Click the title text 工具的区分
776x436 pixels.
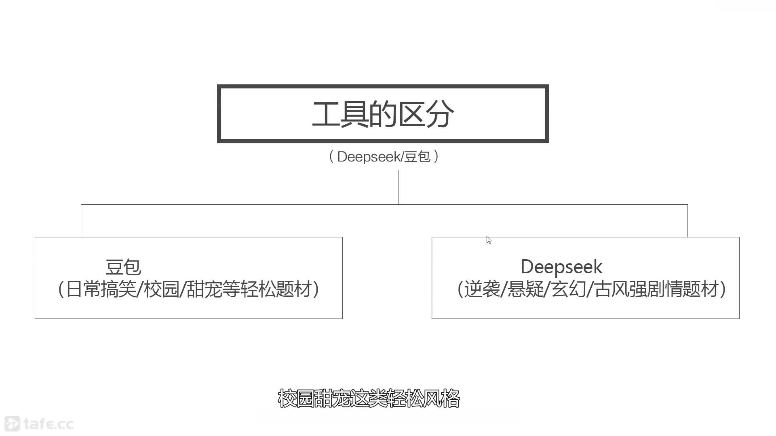pyautogui.click(x=383, y=114)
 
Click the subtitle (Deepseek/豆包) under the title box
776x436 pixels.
pyautogui.click(x=384, y=157)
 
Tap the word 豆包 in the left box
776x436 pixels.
pyautogui.click(x=123, y=267)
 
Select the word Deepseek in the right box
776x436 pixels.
pyautogui.click(x=561, y=267)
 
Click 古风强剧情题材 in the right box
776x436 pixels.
pyautogui.click(x=657, y=289)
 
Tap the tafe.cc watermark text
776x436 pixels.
pyautogui.click(x=48, y=424)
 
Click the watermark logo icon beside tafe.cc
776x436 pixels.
pyautogui.click(x=12, y=423)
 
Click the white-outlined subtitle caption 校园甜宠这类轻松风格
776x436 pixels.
pyautogui.click(x=369, y=398)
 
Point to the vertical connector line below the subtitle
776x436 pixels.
pyautogui.click(x=399, y=187)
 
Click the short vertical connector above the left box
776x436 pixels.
pyautogui.click(x=81, y=221)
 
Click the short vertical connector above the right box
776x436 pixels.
pyautogui.click(x=687, y=221)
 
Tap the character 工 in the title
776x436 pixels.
pyautogui.click(x=326, y=114)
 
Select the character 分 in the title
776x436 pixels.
pyautogui.click(x=440, y=114)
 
